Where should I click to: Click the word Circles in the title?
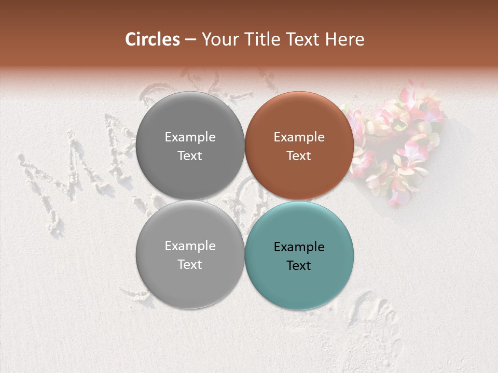click(153, 39)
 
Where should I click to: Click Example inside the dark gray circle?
click(190, 137)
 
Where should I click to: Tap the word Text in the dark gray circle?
click(190, 155)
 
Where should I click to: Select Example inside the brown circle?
click(299, 137)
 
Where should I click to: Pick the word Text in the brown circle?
click(299, 155)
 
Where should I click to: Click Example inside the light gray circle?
click(190, 246)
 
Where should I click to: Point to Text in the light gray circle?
click(190, 264)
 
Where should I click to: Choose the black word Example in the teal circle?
click(299, 247)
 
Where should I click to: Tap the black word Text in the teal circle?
click(299, 265)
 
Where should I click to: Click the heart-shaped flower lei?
click(399, 140)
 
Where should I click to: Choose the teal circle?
click(299, 285)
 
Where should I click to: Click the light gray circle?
click(190, 285)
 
